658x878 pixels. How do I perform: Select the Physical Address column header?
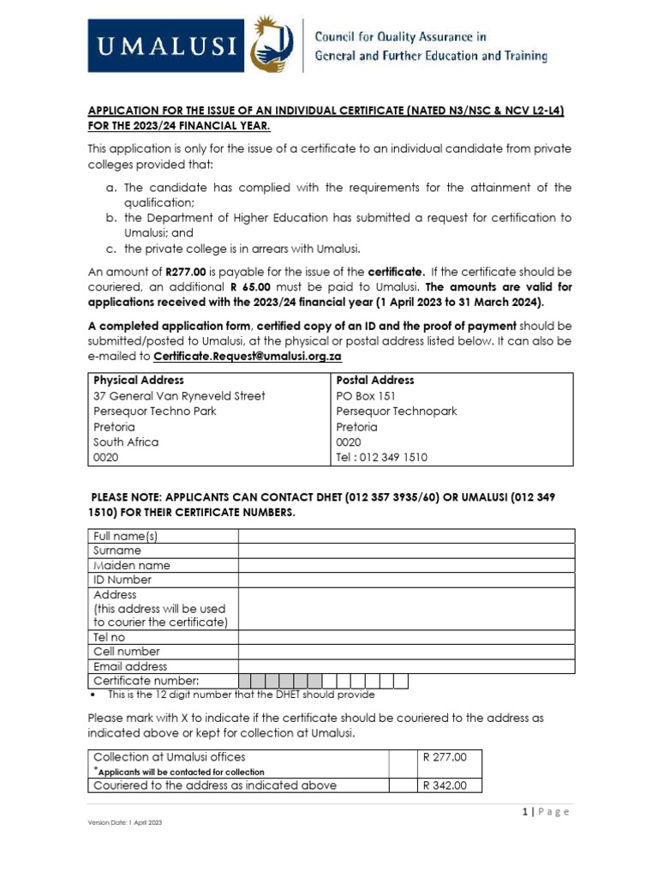[x=138, y=380]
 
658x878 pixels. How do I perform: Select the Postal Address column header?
[x=374, y=380]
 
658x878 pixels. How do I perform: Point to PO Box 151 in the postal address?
[x=366, y=396]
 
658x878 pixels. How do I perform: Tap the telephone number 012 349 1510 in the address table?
[x=395, y=458]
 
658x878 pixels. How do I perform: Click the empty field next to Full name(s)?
[x=406, y=537]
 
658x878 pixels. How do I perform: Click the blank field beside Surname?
[x=406, y=551]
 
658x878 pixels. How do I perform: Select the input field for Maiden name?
[x=406, y=566]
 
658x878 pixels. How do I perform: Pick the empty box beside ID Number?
[x=406, y=580]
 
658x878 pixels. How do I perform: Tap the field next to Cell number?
[x=406, y=652]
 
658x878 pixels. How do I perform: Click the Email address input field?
[x=406, y=667]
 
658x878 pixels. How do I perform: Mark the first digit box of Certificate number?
[x=246, y=682]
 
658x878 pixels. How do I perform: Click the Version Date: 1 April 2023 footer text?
[x=125, y=822]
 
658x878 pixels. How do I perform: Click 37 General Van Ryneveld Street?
[x=179, y=396]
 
